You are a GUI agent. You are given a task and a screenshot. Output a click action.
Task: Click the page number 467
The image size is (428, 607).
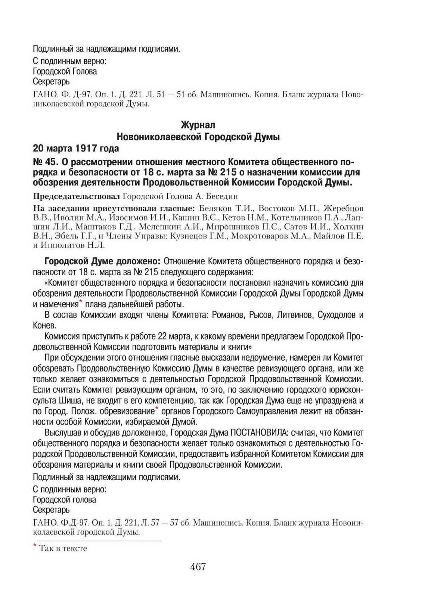pyautogui.click(x=198, y=567)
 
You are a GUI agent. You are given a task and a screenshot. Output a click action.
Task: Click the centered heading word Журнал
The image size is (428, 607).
pyautogui.click(x=198, y=124)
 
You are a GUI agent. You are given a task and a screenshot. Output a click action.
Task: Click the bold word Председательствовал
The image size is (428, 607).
pyautogui.click(x=77, y=196)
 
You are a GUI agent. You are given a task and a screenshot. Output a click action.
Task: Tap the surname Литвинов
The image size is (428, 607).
pyautogui.click(x=293, y=315)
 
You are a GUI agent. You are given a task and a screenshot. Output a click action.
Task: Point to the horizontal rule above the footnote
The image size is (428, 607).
pyautogui.click(x=97, y=541)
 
